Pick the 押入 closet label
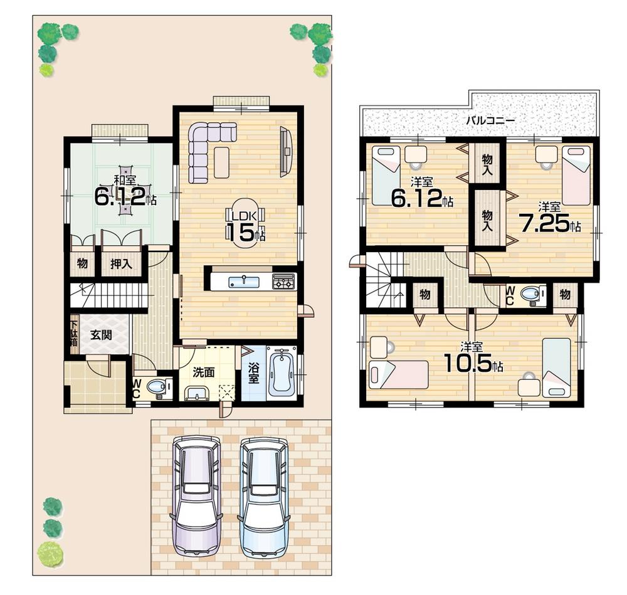(x=121, y=264)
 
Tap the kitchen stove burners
(x=283, y=282)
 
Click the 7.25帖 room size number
(x=543, y=223)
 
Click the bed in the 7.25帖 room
(x=576, y=175)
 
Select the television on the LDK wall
(x=286, y=150)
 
